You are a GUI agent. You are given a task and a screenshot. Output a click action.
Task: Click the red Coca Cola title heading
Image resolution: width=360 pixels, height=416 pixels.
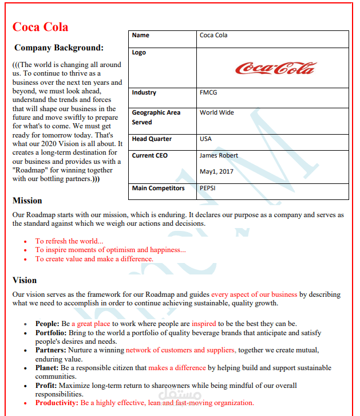point(40,27)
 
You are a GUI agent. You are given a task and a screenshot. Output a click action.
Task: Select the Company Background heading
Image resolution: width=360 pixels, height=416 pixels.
point(59,48)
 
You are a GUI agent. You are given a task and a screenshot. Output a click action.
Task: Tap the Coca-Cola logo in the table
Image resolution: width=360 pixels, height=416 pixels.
point(275,68)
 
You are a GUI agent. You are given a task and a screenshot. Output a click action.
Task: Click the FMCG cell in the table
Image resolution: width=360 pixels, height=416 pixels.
point(208,92)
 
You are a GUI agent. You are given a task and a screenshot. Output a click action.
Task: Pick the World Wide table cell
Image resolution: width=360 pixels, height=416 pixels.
point(216,112)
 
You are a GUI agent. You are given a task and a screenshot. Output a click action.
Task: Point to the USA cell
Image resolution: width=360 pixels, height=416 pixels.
point(205,139)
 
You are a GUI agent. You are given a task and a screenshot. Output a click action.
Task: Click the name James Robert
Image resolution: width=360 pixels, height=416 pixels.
point(219,155)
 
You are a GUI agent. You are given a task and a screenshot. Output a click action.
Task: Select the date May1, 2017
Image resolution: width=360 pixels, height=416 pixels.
point(217,171)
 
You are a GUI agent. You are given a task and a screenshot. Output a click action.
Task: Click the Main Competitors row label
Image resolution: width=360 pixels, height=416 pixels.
point(158,188)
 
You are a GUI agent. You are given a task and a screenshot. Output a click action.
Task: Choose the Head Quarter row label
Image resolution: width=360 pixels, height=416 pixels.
point(152,139)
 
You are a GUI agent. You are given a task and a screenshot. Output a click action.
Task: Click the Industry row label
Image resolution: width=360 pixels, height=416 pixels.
point(144,92)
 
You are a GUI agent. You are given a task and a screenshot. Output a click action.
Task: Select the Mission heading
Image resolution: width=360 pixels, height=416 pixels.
point(27,201)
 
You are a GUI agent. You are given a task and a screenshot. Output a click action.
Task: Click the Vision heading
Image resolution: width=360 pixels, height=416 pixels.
point(25,280)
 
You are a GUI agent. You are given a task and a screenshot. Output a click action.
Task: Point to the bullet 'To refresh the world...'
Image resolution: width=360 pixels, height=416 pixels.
point(69,241)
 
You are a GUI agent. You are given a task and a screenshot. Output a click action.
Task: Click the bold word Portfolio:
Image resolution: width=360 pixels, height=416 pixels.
point(51,332)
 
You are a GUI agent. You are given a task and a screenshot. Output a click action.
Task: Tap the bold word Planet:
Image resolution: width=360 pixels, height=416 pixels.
point(48,368)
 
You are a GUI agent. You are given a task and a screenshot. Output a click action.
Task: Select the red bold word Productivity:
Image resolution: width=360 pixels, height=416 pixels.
point(57,403)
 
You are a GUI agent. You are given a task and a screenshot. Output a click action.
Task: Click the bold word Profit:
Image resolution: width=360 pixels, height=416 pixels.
point(46,386)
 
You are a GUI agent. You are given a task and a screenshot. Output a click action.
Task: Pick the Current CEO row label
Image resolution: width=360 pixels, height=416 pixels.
point(149,155)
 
